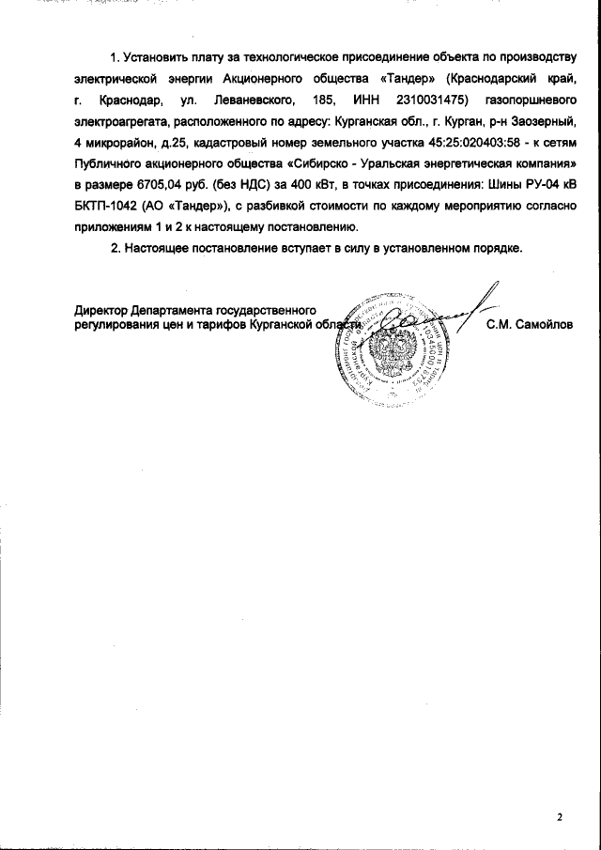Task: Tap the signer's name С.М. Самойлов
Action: pos(529,325)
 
